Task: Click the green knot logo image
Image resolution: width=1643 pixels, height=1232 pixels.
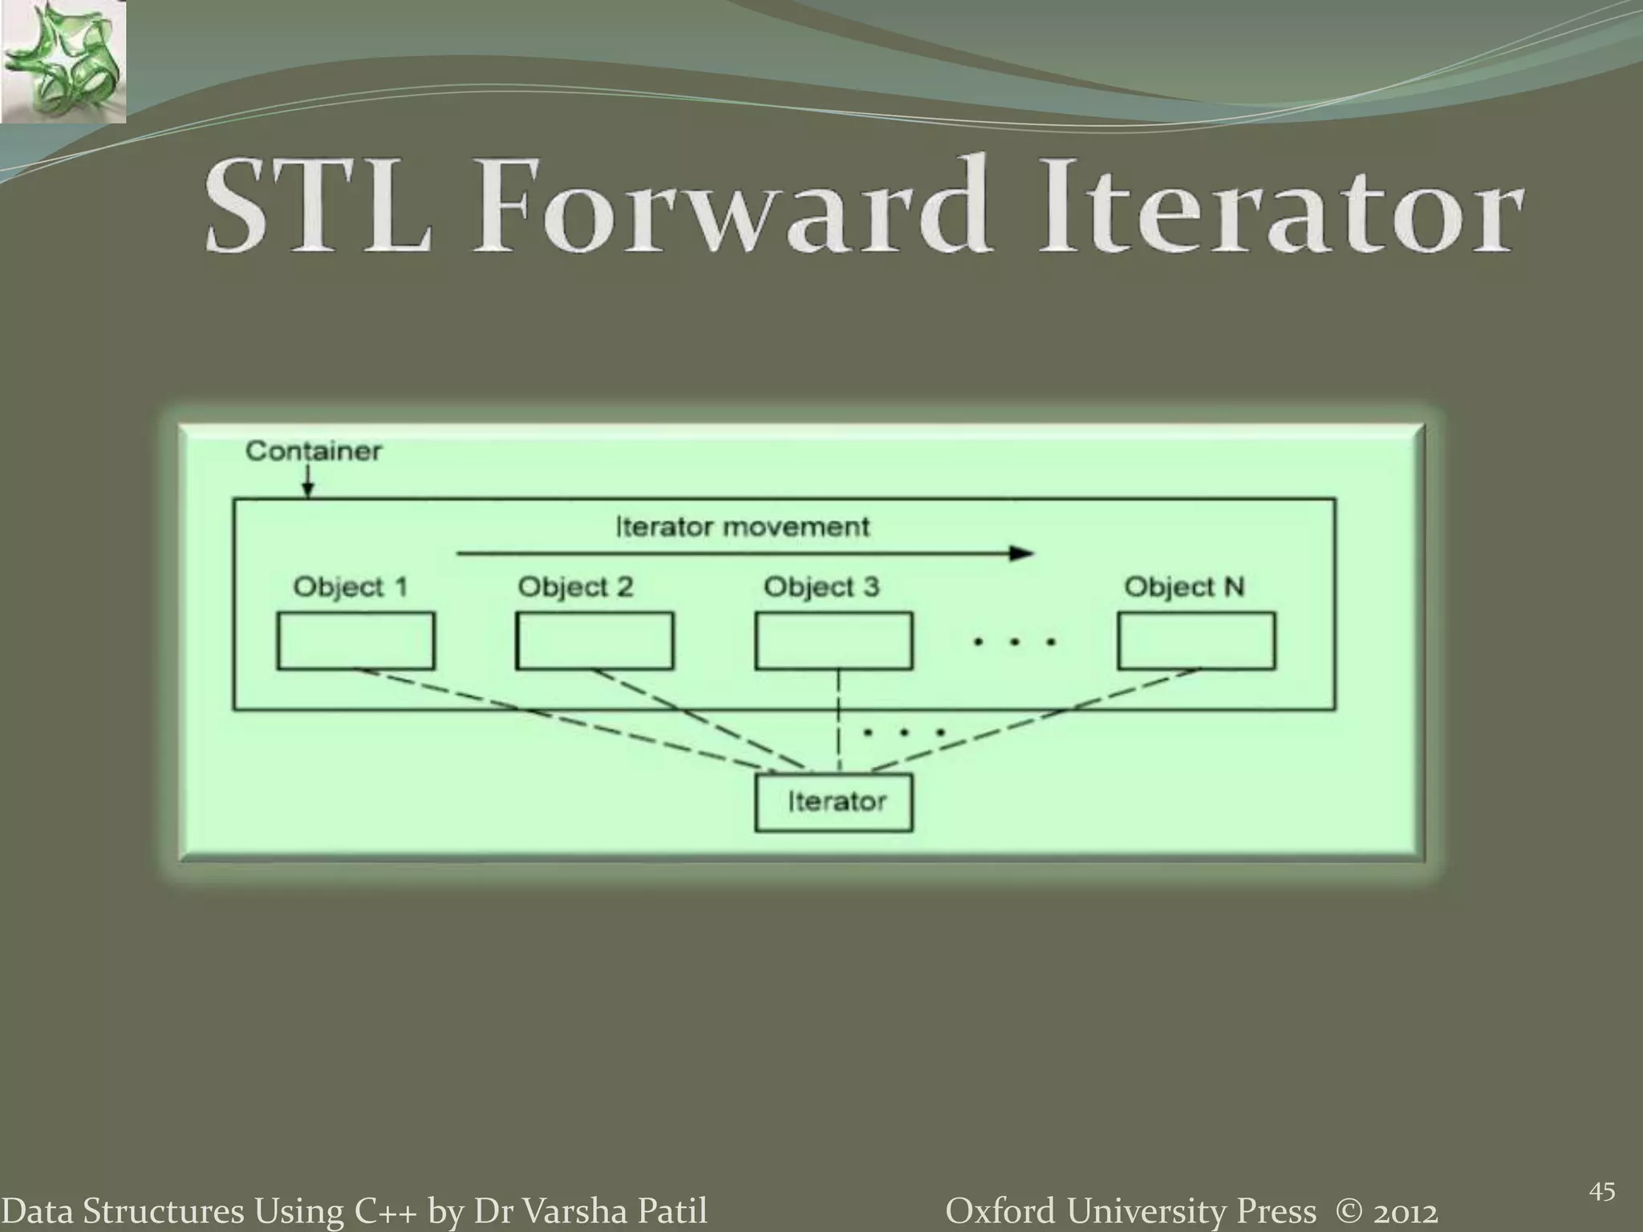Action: coord(63,61)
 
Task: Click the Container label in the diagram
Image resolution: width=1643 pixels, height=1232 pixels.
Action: coord(313,451)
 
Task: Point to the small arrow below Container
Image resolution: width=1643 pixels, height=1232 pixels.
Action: coord(309,484)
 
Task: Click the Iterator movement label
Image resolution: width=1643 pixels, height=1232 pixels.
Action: coord(742,527)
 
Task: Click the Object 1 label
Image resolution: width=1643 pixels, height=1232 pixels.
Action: coord(351,587)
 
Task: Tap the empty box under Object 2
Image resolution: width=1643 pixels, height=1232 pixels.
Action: coord(594,641)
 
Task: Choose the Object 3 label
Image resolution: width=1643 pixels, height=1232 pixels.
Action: coord(821,587)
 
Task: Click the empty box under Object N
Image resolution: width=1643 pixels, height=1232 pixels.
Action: coord(1196,641)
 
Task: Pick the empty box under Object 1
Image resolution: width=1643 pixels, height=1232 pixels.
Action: coord(355,641)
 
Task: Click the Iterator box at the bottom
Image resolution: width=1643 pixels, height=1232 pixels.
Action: coord(834,801)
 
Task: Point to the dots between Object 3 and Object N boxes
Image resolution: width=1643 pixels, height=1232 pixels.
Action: coord(1015,642)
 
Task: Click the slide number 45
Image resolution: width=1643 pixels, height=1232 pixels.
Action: coord(1601,1193)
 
